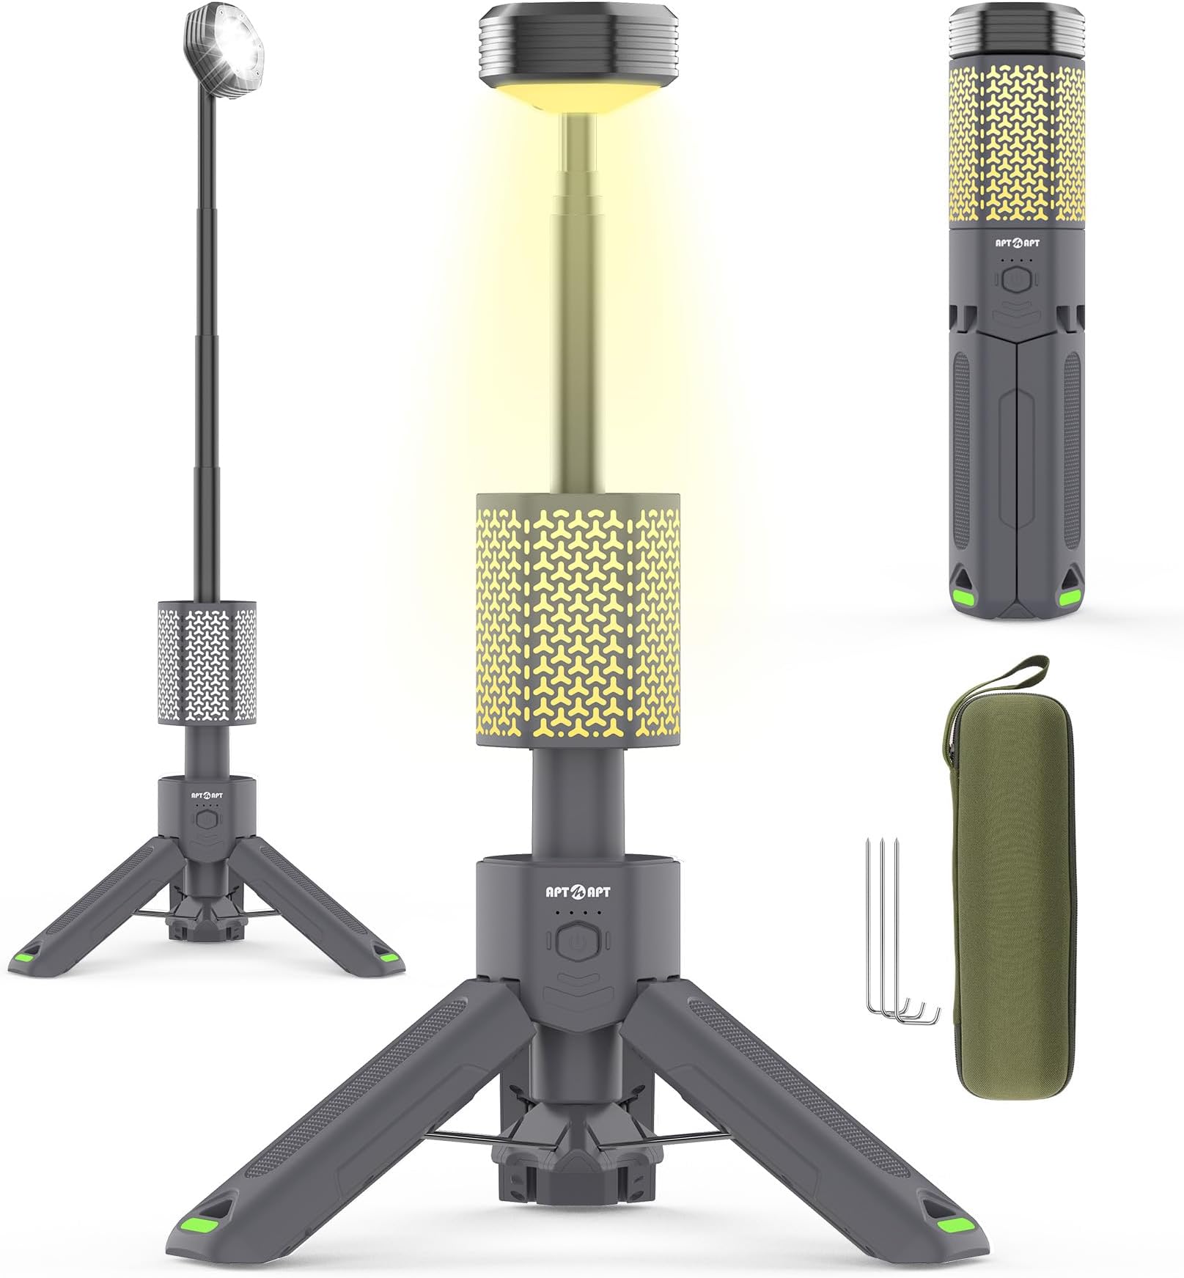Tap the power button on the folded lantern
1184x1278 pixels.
point(1015,279)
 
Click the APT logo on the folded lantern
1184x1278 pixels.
point(1015,238)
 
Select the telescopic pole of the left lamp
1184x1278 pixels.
point(205,330)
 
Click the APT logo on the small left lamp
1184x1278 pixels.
point(207,794)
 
